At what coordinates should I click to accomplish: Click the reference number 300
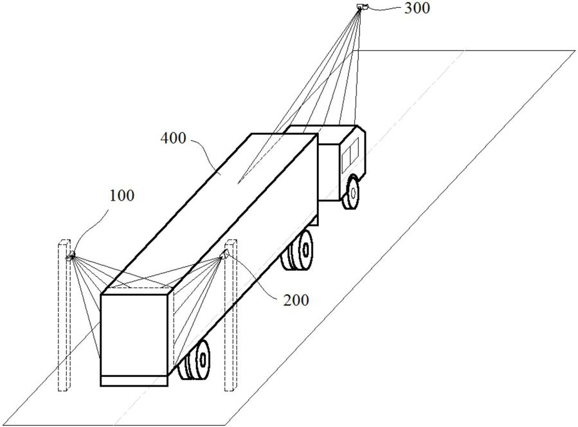417,8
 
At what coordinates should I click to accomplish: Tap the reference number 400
173,138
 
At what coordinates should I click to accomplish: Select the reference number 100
122,195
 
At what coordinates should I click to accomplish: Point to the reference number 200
296,300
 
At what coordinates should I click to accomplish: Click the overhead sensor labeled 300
362,6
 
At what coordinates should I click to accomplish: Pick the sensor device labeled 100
71,255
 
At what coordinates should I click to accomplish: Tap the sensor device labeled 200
224,254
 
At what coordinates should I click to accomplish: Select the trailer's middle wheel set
298,250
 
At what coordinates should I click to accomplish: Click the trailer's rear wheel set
195,360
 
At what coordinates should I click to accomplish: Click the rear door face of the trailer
134,335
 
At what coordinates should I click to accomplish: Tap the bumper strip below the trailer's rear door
134,381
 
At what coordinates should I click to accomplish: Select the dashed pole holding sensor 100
64,315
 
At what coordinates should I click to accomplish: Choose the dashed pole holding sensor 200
230,315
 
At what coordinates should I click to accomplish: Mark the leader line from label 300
385,8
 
